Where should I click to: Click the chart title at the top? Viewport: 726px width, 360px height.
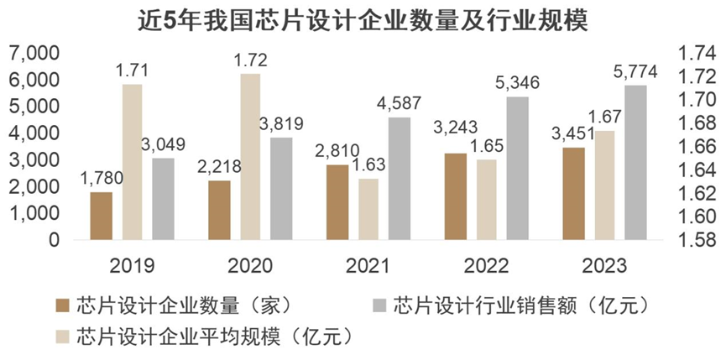click(363, 19)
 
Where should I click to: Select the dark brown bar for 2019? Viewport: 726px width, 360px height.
click(102, 216)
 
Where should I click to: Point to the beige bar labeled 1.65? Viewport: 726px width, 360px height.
click(486, 199)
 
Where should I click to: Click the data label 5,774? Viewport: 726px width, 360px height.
click(635, 73)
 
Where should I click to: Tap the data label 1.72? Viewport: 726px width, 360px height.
click(249, 61)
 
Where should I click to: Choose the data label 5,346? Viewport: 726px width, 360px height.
click(518, 84)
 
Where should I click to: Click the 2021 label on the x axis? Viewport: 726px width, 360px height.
click(368, 266)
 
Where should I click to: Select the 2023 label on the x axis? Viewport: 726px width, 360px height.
click(604, 266)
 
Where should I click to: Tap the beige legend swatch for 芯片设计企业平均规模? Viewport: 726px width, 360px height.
click(61, 337)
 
